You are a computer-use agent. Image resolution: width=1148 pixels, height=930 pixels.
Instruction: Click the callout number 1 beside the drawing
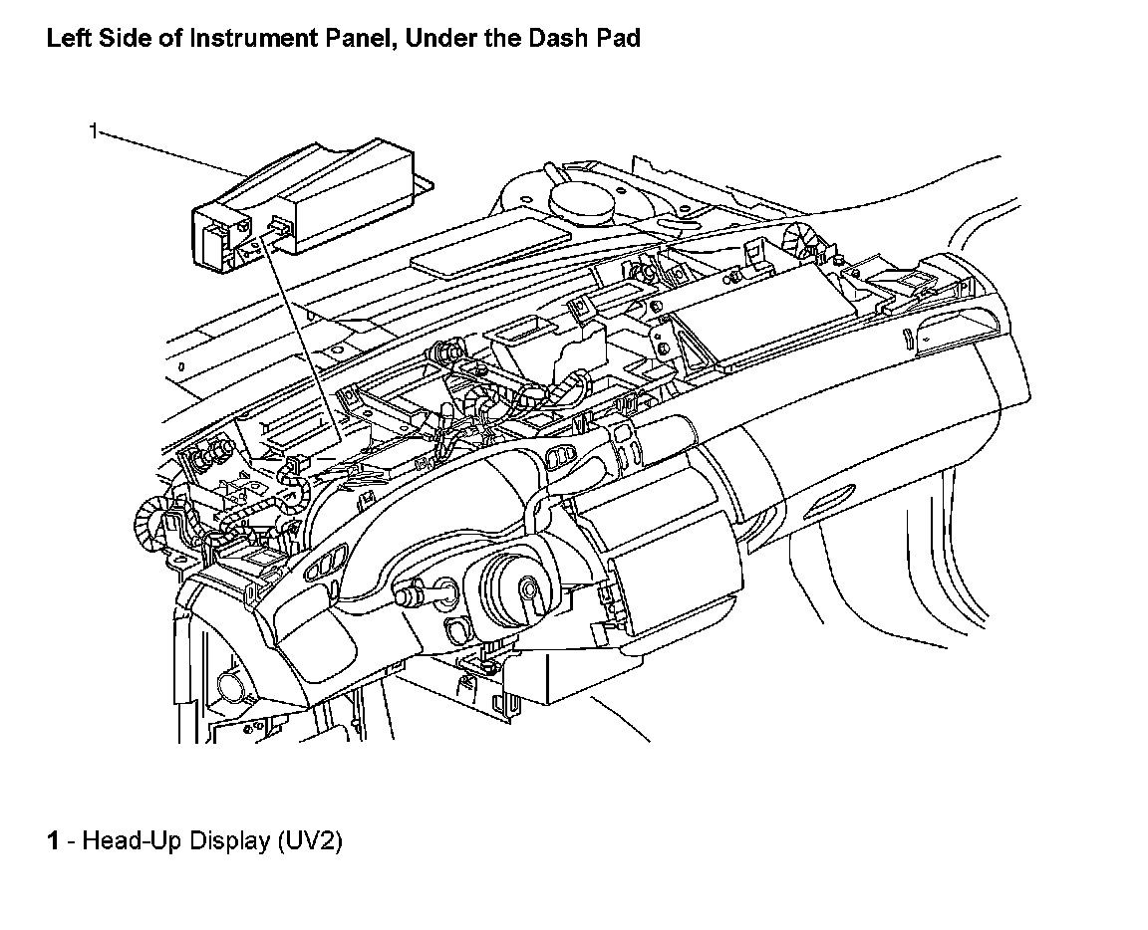coord(93,130)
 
